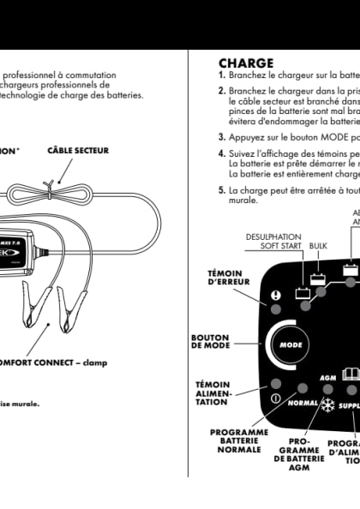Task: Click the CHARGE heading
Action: [x=246, y=63]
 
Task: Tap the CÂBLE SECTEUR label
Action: [x=76, y=151]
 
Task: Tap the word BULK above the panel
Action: [x=318, y=244]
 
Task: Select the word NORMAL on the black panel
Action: [x=303, y=402]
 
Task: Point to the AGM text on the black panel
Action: [x=327, y=378]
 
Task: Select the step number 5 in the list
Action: [x=222, y=191]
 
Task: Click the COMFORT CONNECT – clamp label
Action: [x=52, y=362]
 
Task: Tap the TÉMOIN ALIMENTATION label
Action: [x=212, y=393]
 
